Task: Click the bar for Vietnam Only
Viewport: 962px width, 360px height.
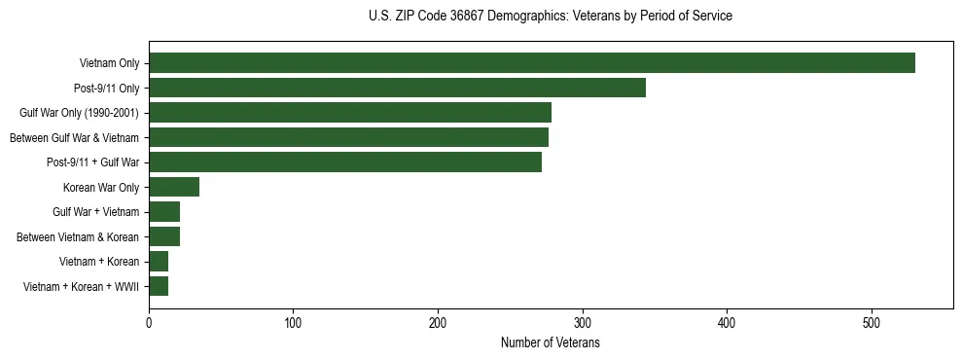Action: [531, 63]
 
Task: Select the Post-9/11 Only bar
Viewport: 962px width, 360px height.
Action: [397, 88]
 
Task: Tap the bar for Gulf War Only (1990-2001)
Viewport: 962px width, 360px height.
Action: [350, 113]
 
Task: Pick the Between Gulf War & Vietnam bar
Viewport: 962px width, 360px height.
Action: [348, 137]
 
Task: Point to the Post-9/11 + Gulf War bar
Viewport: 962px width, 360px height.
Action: [345, 162]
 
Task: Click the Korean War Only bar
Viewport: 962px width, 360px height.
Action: [174, 187]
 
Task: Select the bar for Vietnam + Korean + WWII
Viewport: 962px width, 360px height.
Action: [159, 286]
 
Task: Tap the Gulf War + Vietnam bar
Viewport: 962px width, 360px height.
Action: [164, 212]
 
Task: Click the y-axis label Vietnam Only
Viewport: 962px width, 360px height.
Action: [109, 63]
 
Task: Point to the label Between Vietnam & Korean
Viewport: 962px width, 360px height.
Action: [78, 236]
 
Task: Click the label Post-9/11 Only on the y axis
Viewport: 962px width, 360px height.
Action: [106, 88]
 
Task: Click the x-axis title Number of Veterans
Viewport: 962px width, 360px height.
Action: [550, 343]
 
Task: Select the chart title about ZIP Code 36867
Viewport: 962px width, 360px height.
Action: [550, 17]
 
